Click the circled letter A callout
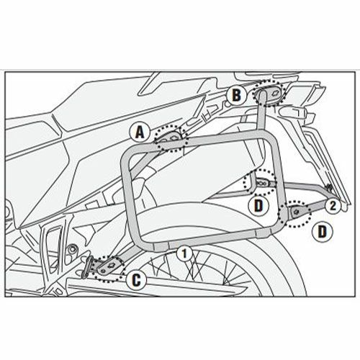[x=140, y=132]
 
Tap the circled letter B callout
[x=236, y=95]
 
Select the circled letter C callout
[x=136, y=280]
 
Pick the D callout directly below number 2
[x=323, y=232]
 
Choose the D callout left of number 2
[x=258, y=206]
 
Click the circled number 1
[x=184, y=254]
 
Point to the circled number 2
[x=333, y=206]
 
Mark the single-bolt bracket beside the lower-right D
[x=297, y=212]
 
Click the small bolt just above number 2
[x=330, y=186]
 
